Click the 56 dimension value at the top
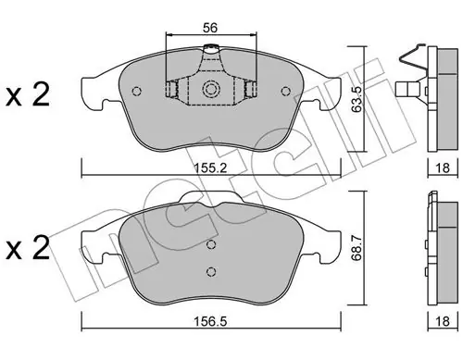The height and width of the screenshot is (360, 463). pos(210,28)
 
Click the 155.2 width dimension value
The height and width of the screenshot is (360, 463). pos(211,168)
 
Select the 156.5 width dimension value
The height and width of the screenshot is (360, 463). pos(210,322)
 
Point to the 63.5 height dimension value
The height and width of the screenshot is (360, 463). pos(357,99)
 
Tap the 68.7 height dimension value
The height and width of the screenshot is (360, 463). pos(357,248)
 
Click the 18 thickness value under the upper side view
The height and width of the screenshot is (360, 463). pos(443,168)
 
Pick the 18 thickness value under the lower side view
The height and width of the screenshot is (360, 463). pos(443,321)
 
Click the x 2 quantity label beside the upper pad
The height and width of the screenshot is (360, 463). pos(28,95)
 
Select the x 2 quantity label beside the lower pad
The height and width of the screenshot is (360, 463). pos(28,247)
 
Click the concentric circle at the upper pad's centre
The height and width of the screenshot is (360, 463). pos(210,89)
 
